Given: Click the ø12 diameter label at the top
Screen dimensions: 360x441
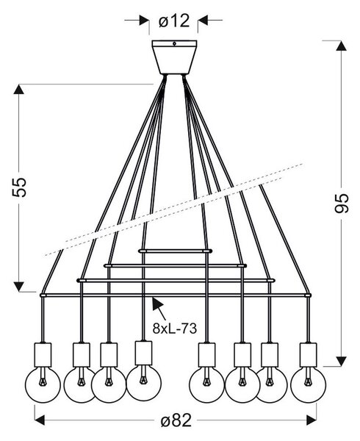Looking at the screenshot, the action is [174, 21].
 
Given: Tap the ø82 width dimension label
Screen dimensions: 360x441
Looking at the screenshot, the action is [176, 420].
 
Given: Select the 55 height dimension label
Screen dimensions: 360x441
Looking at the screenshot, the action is [19, 187].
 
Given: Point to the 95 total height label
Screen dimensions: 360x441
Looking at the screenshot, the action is [342, 204].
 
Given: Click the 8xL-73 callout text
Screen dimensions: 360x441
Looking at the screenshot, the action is [175, 329].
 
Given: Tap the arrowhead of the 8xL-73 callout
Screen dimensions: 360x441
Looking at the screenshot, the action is [157, 304].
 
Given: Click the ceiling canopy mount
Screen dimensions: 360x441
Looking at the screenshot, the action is [174, 57].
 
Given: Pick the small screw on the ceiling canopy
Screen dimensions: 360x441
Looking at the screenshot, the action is [174, 43].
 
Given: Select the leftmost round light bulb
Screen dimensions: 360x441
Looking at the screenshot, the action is [43, 385].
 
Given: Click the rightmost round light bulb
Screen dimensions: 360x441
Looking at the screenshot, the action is [308, 385].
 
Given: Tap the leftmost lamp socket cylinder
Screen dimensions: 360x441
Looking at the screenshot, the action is [43, 355].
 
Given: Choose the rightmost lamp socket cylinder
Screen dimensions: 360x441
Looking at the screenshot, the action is [308, 355].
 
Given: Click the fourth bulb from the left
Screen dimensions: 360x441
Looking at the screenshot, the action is [143, 384].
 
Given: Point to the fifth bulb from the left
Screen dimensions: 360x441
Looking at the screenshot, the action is [207, 385].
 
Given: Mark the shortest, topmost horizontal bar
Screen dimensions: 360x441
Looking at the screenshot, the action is [175, 251].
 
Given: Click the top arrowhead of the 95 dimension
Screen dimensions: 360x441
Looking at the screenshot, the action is [342, 46].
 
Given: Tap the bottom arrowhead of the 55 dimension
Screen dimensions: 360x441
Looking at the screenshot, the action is [19, 287].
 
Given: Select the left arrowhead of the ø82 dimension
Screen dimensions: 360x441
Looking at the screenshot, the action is [40, 420].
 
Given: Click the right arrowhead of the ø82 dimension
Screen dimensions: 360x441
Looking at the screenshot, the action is [312, 420].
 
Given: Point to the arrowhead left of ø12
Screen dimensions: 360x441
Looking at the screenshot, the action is [144, 21].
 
